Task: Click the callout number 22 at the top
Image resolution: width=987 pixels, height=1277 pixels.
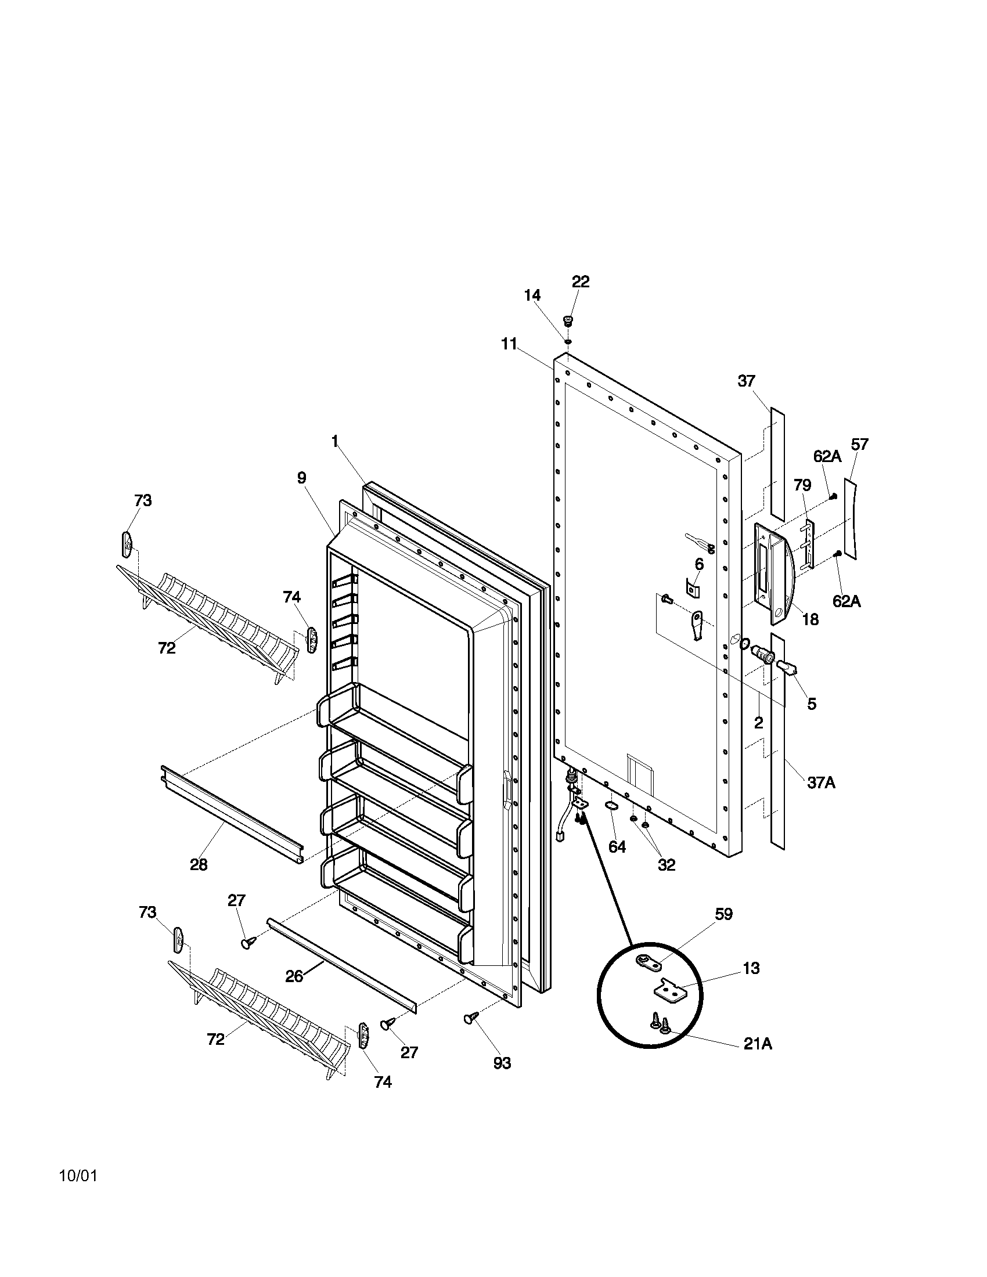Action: point(580,282)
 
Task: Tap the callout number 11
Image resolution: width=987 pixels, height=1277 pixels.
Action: point(509,344)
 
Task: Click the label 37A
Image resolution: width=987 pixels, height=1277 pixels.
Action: point(821,782)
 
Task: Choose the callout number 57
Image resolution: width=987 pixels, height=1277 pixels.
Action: point(859,445)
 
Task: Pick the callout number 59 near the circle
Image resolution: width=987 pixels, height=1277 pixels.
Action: point(723,914)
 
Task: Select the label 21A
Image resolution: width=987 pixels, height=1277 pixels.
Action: point(758,1044)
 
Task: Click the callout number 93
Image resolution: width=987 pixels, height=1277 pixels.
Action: point(502,1063)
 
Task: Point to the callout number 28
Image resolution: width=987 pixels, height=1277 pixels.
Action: point(199,864)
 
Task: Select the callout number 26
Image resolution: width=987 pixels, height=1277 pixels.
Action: point(294,976)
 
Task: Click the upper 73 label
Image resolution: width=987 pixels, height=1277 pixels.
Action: point(143,500)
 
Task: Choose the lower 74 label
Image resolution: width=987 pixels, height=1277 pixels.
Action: point(383,1083)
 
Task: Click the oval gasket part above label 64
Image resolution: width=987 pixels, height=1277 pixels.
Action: point(611,806)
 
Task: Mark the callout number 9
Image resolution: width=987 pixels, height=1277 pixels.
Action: point(301,478)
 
